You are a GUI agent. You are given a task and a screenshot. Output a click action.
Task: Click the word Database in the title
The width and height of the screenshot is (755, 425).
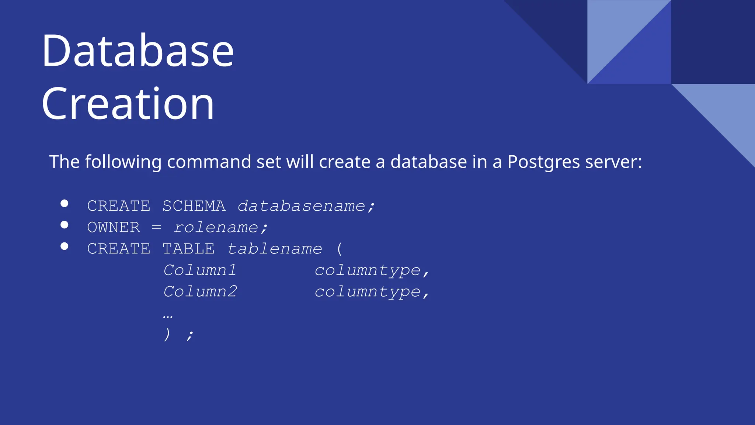coord(138,51)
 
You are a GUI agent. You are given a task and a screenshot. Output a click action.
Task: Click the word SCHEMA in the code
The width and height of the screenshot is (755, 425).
coord(194,206)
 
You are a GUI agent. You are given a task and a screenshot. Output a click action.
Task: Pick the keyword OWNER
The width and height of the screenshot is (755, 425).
coord(114,227)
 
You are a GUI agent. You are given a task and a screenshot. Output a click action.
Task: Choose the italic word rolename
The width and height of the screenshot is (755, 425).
coord(216,227)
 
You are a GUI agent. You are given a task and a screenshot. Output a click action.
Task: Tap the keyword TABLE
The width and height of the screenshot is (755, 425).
coord(188,249)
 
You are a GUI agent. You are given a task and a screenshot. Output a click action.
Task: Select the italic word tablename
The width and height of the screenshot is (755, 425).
coord(275,249)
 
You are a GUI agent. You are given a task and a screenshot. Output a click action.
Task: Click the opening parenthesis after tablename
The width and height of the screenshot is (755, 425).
coord(340,249)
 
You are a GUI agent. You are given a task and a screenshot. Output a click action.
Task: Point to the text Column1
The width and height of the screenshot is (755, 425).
coord(199,270)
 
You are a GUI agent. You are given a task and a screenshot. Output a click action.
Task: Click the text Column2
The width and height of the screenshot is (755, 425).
coord(200,291)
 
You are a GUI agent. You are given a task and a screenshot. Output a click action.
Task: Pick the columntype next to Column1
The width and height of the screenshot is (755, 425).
coord(368,270)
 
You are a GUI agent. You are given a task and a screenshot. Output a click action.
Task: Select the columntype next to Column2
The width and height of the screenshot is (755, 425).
coord(368,292)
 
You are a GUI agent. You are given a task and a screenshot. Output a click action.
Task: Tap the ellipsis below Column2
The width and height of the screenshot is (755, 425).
coord(168,316)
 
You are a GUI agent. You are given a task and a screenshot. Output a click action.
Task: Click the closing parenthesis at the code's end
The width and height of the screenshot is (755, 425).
coord(167,334)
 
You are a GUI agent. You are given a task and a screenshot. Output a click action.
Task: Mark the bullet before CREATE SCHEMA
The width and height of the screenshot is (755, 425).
coord(65,203)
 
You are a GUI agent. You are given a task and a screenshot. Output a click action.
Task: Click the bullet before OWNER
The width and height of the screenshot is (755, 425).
coord(65,225)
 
